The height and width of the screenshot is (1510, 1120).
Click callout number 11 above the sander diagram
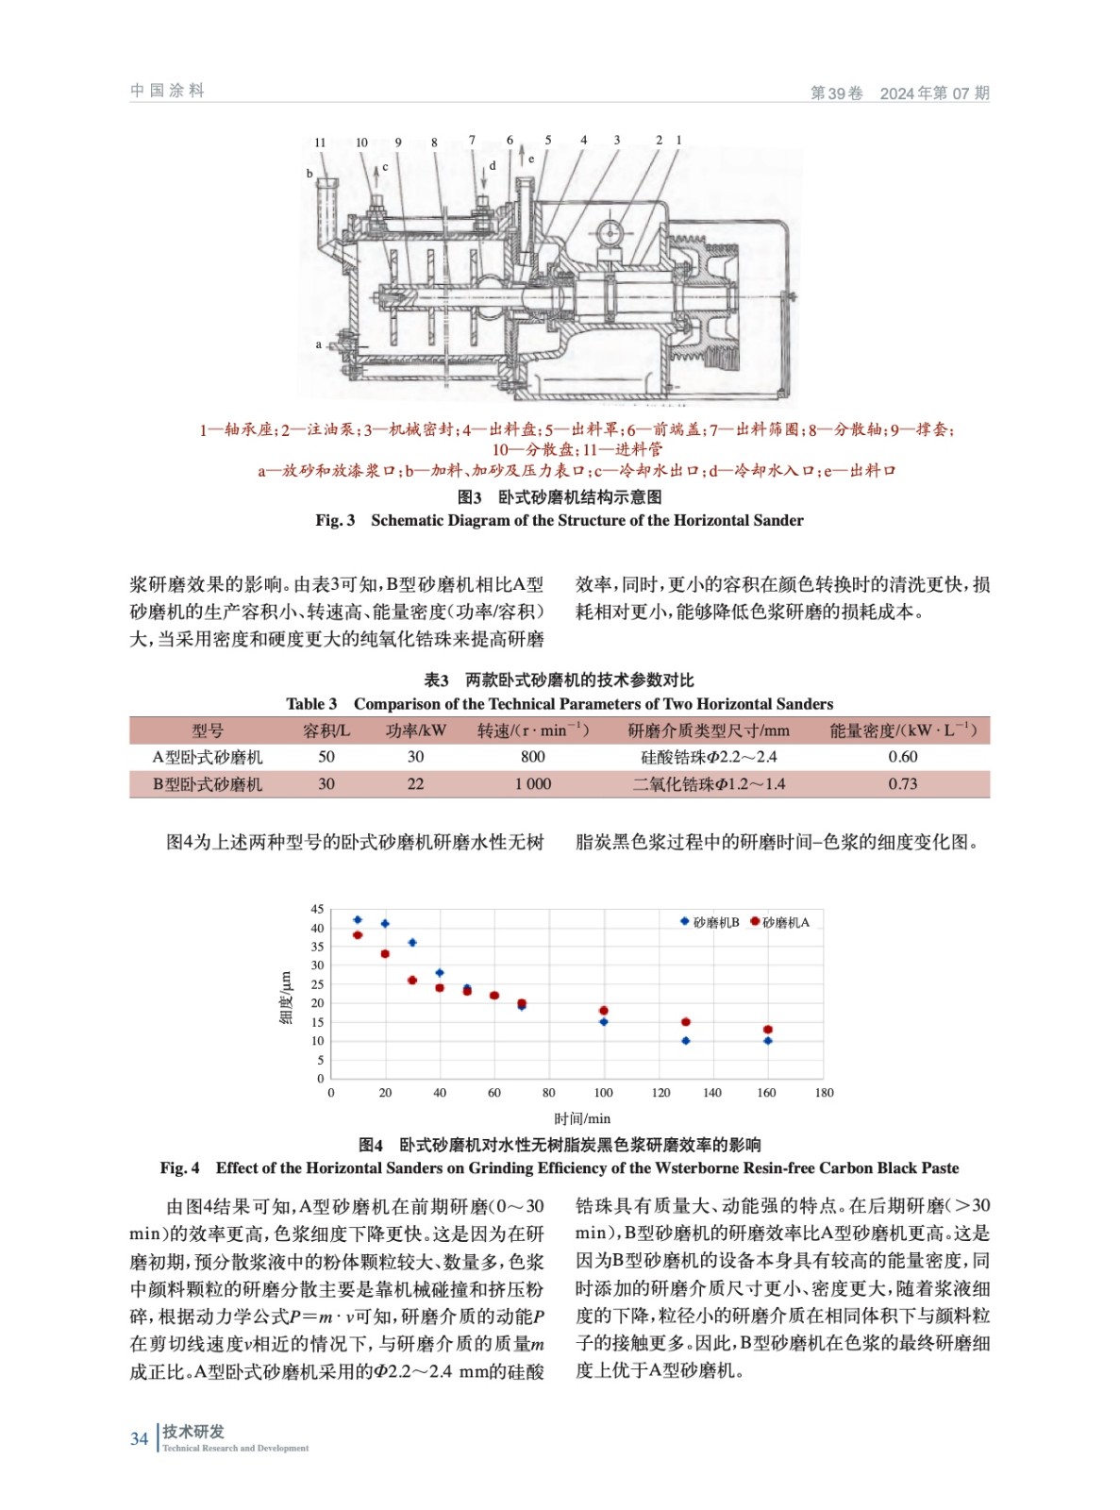pos(320,143)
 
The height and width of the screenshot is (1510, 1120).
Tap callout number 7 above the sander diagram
pos(472,141)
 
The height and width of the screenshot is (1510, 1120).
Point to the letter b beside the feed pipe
pos(309,174)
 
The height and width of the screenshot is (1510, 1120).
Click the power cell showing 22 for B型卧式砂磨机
pos(415,784)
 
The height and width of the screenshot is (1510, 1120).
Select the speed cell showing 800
pos(532,757)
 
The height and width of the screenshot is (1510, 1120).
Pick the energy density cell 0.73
pos(902,784)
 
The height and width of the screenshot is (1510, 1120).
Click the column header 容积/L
pos(326,730)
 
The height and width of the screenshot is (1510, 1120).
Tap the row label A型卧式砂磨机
pos(208,757)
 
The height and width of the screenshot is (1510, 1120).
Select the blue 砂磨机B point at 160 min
pos(768,1041)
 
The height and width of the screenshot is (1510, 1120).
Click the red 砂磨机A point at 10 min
pos(358,935)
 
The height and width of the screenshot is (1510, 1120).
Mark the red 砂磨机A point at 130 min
pos(686,1022)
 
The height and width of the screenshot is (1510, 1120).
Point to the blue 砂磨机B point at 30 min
pos(412,943)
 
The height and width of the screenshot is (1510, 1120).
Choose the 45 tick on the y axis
pos(317,909)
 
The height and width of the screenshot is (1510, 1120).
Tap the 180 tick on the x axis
pos(824,1093)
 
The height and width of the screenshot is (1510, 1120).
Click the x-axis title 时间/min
pos(582,1118)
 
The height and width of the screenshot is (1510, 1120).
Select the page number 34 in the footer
pos(140,1439)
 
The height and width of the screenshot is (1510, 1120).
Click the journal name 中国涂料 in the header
pos(167,91)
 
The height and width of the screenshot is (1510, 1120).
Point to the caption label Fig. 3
pos(335,520)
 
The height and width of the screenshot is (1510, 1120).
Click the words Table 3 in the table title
pos(311,704)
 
